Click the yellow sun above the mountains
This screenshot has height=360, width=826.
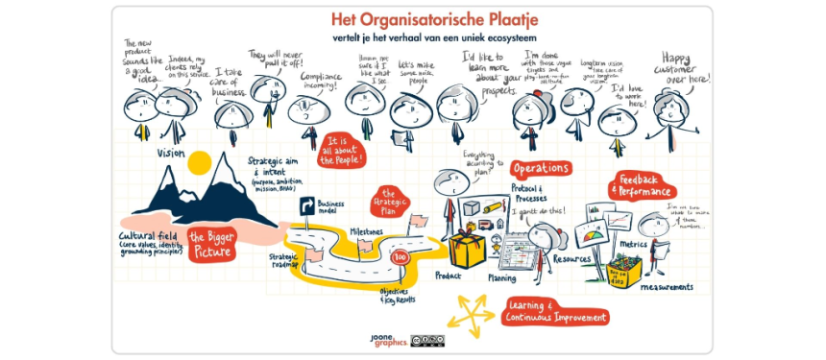pyautogui.click(x=199, y=163)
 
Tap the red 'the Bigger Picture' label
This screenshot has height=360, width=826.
pyautogui.click(x=210, y=243)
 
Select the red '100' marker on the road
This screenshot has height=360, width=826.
pyautogui.click(x=401, y=257)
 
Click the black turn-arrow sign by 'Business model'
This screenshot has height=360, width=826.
pyautogui.click(x=309, y=204)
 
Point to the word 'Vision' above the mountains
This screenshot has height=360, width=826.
pyautogui.click(x=171, y=153)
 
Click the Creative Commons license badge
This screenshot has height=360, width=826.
pyautogui.click(x=427, y=340)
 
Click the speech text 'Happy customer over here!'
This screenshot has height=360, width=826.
pyautogui.click(x=687, y=65)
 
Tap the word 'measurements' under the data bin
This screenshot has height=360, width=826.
pyautogui.click(x=642, y=286)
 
